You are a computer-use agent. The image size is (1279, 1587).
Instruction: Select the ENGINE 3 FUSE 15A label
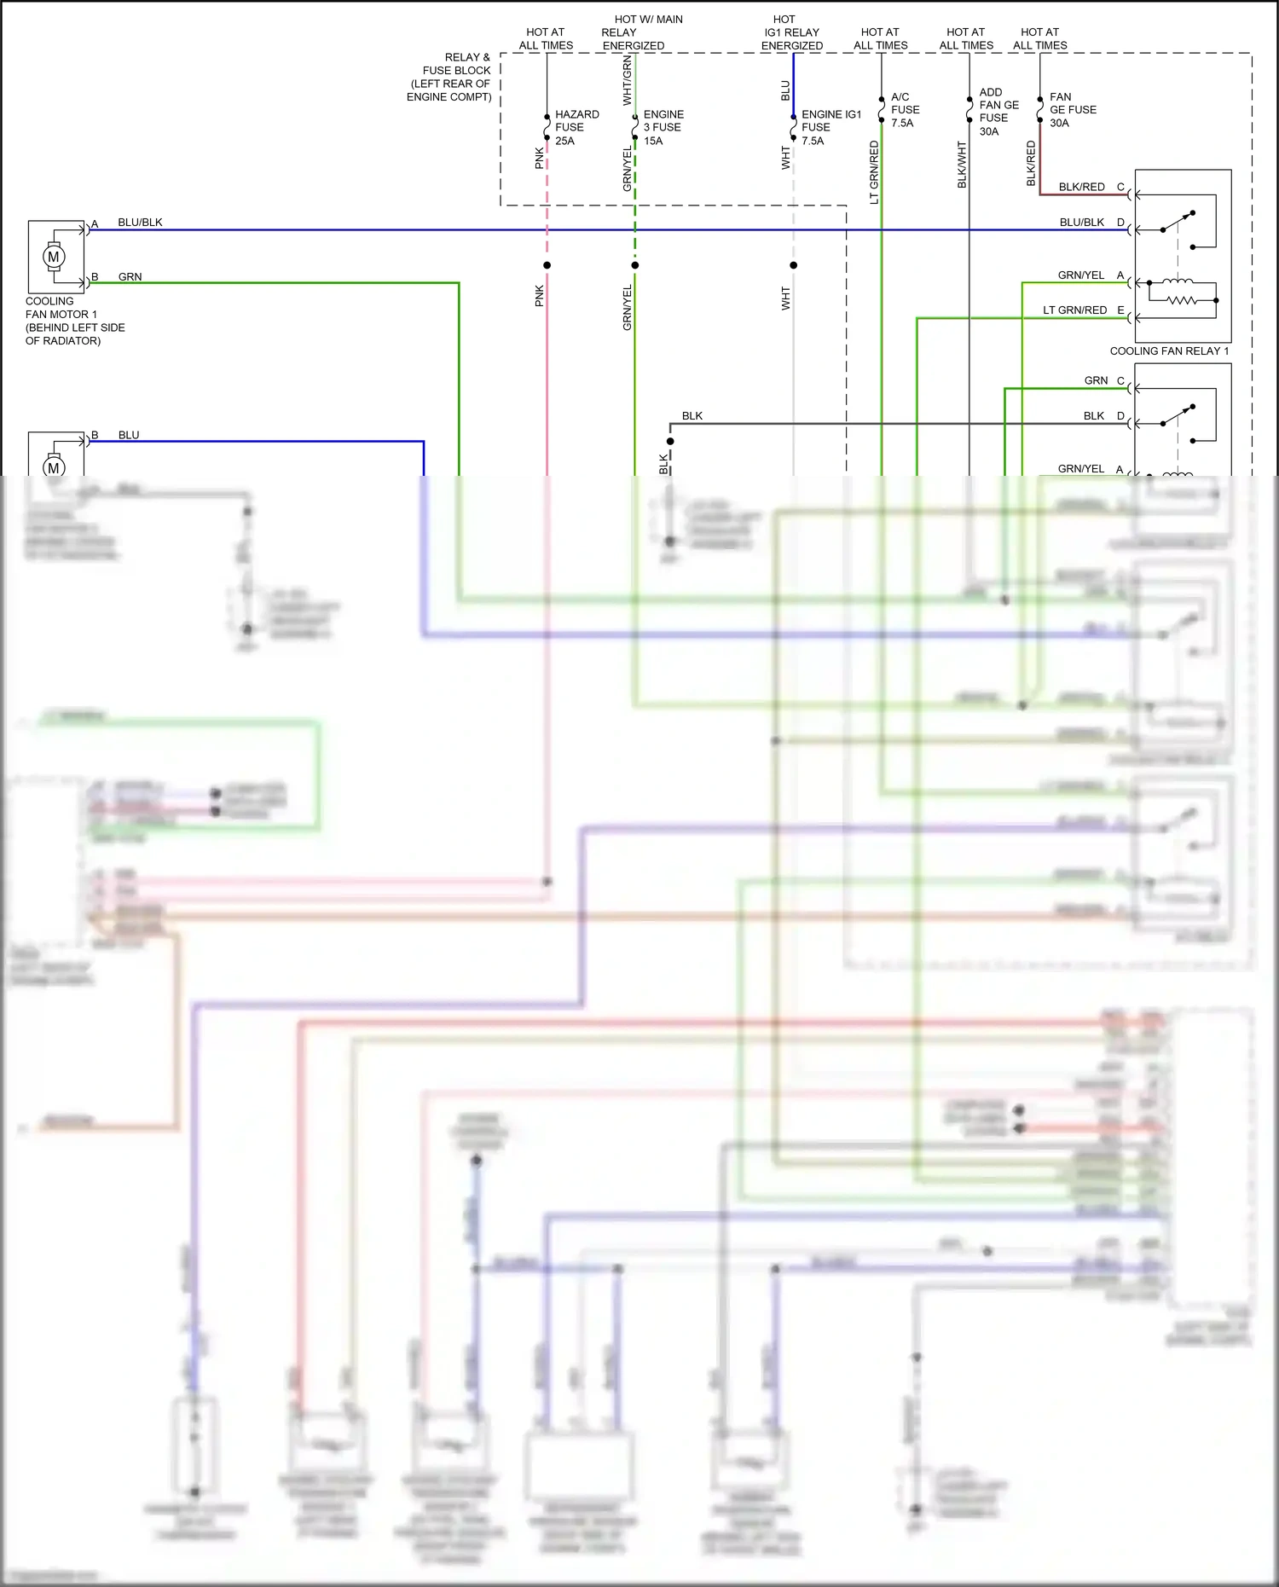[x=663, y=127]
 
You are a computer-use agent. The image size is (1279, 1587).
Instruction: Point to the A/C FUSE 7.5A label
[x=905, y=110]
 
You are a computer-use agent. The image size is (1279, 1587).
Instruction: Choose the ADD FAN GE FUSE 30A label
[x=998, y=112]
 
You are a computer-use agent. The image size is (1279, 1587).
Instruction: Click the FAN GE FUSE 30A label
[x=1072, y=110]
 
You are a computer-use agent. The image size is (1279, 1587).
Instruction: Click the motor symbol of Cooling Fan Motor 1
[x=54, y=257]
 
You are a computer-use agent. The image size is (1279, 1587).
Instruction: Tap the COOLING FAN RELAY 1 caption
[x=1168, y=350]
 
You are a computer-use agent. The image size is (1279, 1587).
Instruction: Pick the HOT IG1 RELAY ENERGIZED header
[x=791, y=32]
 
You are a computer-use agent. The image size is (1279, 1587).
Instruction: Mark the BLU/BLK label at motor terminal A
[x=140, y=223]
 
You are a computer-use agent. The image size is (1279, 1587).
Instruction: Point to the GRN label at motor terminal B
[x=130, y=277]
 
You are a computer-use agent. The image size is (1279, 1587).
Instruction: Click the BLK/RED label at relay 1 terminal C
[x=1081, y=187]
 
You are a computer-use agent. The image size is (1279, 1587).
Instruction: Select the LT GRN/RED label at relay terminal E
[x=1074, y=310]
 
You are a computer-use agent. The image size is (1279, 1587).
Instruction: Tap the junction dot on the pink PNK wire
[x=547, y=265]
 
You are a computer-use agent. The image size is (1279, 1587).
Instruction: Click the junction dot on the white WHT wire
[x=793, y=265]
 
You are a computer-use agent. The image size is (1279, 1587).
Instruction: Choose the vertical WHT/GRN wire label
[x=627, y=80]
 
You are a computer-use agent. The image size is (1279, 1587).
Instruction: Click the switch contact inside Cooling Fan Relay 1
[x=1177, y=221]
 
